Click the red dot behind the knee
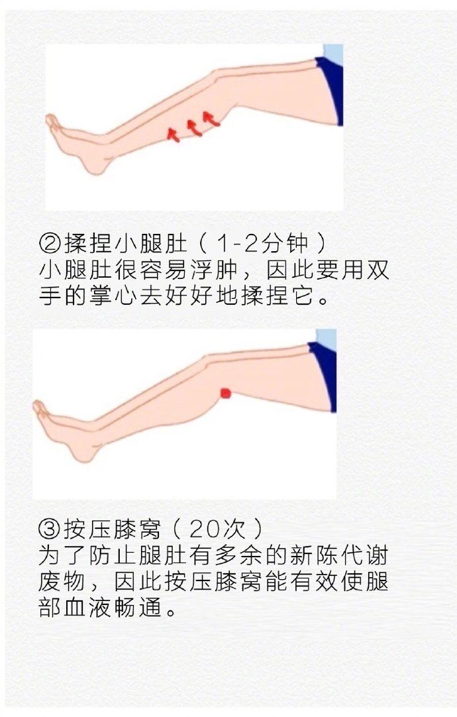coord(226,393)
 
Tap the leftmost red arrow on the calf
coord(173,135)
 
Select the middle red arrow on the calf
coord(194,127)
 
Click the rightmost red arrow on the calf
coord(211,119)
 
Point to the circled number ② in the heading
coord(50,244)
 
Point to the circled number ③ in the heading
coord(50,529)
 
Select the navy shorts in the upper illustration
coord(331,89)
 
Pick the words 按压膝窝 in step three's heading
coord(113,529)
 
